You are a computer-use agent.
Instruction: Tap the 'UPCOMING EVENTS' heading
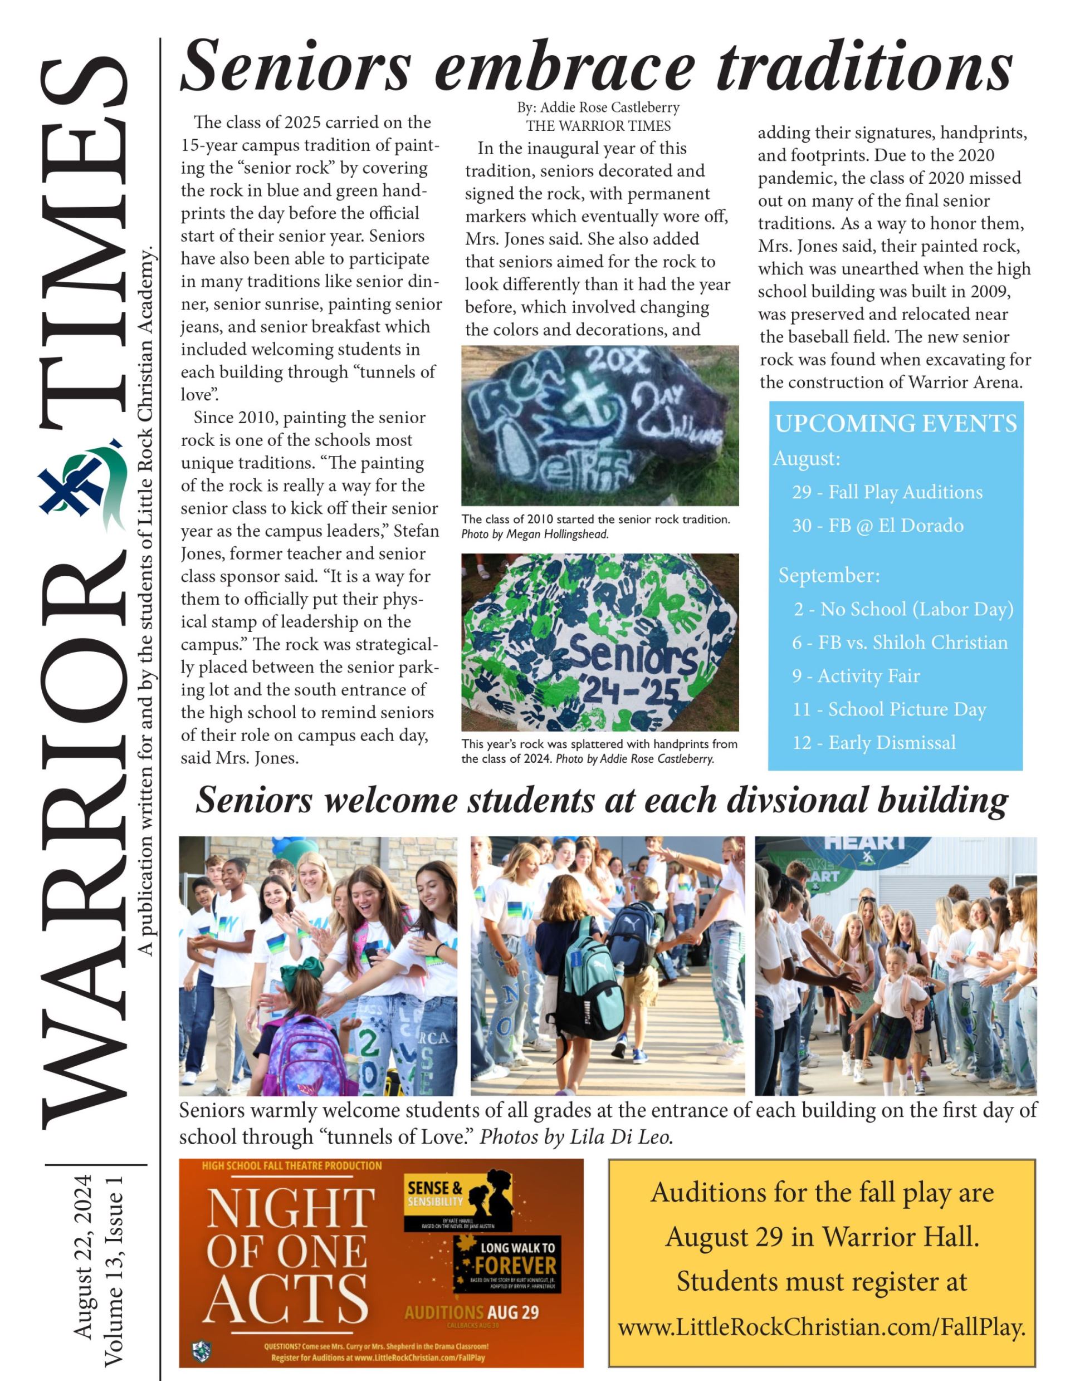click(x=896, y=424)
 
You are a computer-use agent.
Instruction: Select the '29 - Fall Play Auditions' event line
click(x=887, y=492)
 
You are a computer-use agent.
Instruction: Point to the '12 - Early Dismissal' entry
click(x=874, y=743)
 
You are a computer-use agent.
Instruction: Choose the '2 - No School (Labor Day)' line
click(x=903, y=609)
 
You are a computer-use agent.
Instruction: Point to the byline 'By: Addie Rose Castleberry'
click(x=598, y=107)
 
